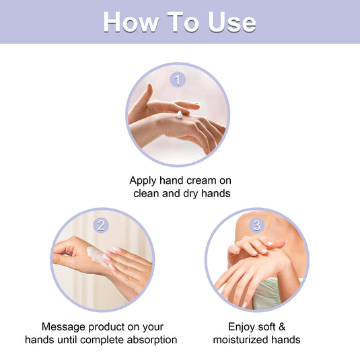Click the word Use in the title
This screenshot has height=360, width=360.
tap(232, 22)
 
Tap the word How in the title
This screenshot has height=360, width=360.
tap(131, 22)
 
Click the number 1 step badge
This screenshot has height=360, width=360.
tap(178, 79)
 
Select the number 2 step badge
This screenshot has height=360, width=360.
tap(101, 225)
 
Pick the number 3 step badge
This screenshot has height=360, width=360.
tap(256, 225)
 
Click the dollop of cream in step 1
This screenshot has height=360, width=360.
tap(179, 115)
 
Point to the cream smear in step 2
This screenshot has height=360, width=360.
tap(96, 256)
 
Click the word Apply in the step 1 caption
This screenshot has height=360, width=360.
tap(143, 181)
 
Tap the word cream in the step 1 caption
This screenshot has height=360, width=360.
tap(201, 181)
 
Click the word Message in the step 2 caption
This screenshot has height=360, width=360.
tap(64, 327)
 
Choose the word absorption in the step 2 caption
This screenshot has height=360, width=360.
tap(152, 340)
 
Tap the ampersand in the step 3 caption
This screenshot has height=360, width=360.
tap(282, 327)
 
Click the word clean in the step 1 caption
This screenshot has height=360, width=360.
tap(146, 193)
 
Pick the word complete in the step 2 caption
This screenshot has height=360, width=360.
tap(102, 340)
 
